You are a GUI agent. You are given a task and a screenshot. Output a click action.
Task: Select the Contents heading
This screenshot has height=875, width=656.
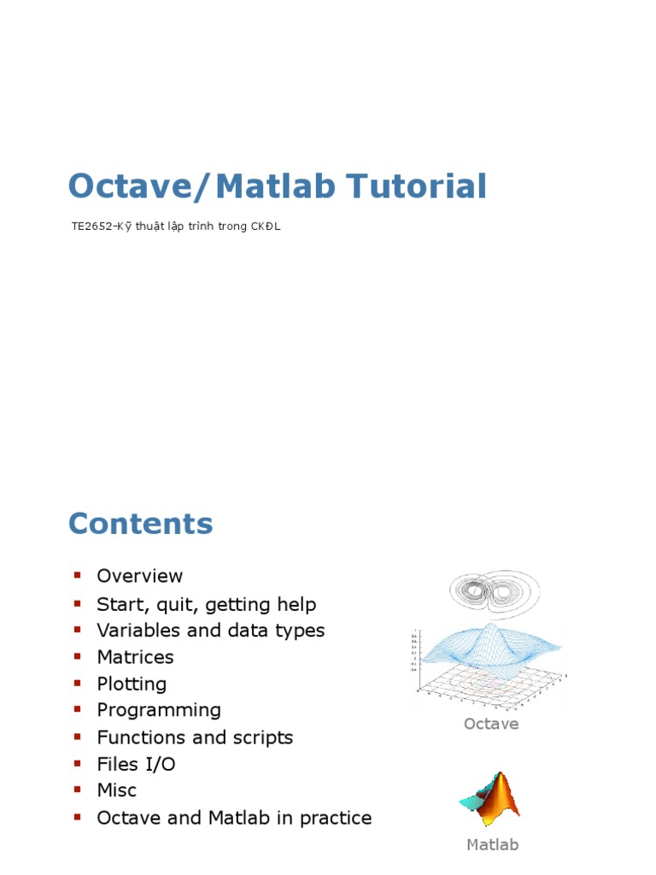point(140,523)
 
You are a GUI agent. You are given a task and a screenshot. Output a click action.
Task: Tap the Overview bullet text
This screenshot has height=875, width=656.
point(140,576)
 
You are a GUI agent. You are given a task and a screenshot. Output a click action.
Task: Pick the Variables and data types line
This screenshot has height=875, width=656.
point(210,631)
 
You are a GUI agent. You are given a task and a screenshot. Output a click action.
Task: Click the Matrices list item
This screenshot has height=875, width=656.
point(135,657)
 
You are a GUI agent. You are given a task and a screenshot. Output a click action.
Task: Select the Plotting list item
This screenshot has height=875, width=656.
point(132,684)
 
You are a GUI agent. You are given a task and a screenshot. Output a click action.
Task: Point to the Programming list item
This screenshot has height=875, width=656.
point(159,710)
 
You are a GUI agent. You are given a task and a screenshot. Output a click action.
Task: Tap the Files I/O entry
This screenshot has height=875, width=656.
point(136,764)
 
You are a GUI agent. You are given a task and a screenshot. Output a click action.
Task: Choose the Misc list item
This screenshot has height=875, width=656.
point(116,790)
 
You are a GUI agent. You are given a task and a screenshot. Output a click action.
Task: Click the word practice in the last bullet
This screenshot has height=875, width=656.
point(332,818)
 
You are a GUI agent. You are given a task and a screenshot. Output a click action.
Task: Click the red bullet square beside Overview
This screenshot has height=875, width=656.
point(77,575)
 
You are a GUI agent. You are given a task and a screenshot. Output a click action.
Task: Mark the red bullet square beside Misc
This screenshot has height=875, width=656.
point(77,790)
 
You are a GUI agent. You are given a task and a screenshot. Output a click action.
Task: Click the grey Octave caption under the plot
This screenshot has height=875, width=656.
point(491,724)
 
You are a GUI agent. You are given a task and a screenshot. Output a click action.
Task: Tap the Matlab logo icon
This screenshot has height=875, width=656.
point(489,798)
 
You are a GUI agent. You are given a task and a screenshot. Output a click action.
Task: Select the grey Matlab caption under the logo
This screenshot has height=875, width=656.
point(492,845)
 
